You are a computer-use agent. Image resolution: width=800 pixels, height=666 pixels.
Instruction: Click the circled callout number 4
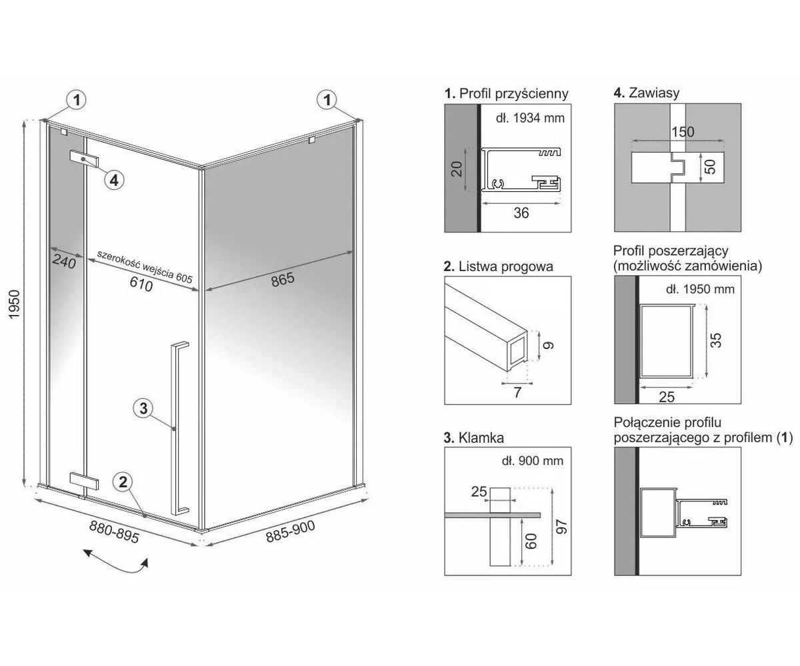[114, 180]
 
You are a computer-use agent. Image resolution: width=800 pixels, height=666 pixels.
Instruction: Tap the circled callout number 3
[143, 408]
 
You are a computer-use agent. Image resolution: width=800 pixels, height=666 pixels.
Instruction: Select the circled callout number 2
[123, 482]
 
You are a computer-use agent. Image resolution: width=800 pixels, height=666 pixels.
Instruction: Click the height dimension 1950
[14, 304]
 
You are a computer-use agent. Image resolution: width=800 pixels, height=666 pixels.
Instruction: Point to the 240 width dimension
[64, 262]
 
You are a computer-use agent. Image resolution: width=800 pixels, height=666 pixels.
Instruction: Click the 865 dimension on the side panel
[283, 280]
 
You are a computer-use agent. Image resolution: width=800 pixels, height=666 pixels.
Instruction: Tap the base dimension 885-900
[291, 531]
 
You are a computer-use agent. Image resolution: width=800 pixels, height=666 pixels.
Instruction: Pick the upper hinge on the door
[84, 159]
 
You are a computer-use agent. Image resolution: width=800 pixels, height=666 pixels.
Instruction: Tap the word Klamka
[481, 438]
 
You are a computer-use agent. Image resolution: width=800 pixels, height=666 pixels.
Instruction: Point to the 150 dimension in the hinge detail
[683, 132]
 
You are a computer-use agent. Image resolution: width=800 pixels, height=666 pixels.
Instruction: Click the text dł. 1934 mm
[530, 118]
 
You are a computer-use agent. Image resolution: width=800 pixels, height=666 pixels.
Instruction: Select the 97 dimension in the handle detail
[562, 526]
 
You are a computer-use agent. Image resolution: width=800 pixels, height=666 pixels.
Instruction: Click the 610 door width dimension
[141, 284]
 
